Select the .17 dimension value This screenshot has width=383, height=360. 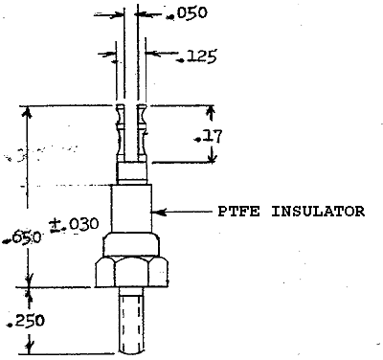pos(211,137)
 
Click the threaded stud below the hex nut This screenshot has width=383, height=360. pos(132,321)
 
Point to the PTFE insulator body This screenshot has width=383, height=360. pos(132,206)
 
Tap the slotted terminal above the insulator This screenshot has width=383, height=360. pos(132,134)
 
